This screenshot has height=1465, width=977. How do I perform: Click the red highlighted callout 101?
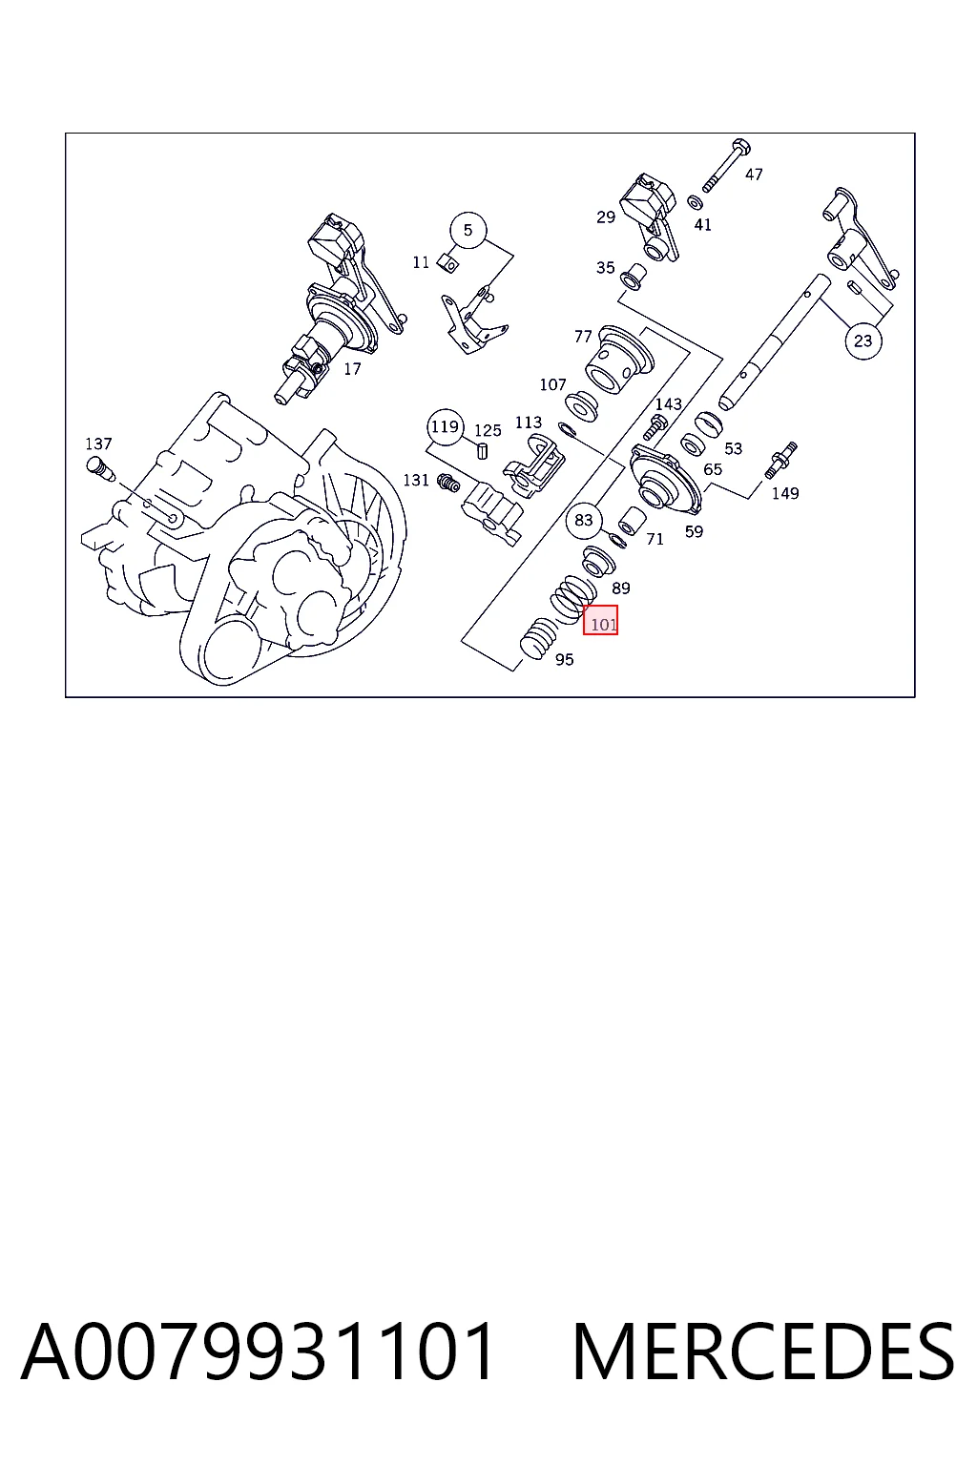(x=600, y=619)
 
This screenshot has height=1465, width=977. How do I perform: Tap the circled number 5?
(x=468, y=230)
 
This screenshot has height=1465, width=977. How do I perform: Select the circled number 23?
(x=863, y=340)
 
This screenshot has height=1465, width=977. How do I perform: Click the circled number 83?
(x=584, y=520)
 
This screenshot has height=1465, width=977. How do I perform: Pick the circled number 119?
(x=445, y=427)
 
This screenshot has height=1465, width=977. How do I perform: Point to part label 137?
(x=98, y=444)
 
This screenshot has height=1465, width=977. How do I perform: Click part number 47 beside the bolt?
(x=754, y=175)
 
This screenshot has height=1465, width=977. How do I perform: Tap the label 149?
(x=784, y=493)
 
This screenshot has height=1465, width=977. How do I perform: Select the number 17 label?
(x=352, y=369)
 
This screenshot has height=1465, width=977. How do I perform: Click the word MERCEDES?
(x=763, y=1351)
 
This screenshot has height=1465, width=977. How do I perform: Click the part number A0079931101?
(x=257, y=1351)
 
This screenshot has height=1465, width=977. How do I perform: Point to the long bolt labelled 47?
(x=726, y=166)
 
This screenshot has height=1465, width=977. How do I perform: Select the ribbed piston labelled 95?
(x=538, y=639)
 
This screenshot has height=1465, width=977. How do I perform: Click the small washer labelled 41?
(x=695, y=203)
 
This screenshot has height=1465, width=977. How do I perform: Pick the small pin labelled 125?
(x=483, y=450)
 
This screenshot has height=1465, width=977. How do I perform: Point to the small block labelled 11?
(x=449, y=263)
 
